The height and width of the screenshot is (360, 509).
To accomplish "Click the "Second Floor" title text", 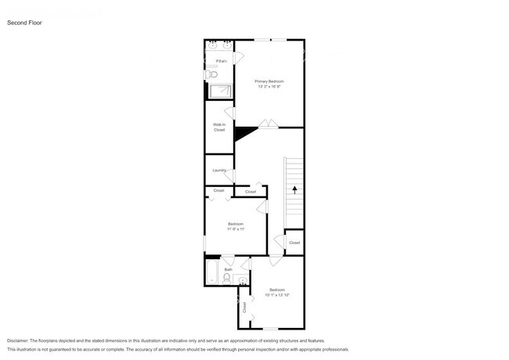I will tap(24, 23).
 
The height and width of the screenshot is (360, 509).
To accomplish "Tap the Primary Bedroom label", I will tap(269, 81).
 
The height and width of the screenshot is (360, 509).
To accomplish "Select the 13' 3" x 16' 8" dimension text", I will tap(269, 86).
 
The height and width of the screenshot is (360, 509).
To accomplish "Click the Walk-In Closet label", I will tap(219, 127).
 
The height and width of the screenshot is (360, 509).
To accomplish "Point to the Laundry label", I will tap(219, 170).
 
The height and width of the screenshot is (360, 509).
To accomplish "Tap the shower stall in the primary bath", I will tap(221, 90).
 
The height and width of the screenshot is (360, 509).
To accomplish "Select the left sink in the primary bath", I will tap(211, 45).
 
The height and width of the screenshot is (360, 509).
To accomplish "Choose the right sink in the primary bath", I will tap(227, 45).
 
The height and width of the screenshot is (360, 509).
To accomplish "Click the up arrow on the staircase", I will tap(294, 189).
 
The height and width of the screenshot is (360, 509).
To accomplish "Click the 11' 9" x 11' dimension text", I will tap(236, 229).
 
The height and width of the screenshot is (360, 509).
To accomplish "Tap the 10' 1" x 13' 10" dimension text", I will tap(277, 295).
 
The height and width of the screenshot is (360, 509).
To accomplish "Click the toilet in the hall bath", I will tap(228, 279).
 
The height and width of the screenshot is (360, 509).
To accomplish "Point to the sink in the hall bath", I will tap(242, 279).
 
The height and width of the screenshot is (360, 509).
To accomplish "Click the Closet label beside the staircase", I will tap(294, 243).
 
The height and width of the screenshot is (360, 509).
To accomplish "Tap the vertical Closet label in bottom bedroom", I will tap(244, 308).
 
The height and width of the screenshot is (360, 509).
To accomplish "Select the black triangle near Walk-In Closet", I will tap(244, 134).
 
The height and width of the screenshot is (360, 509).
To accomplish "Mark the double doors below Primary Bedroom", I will tap(269, 123).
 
